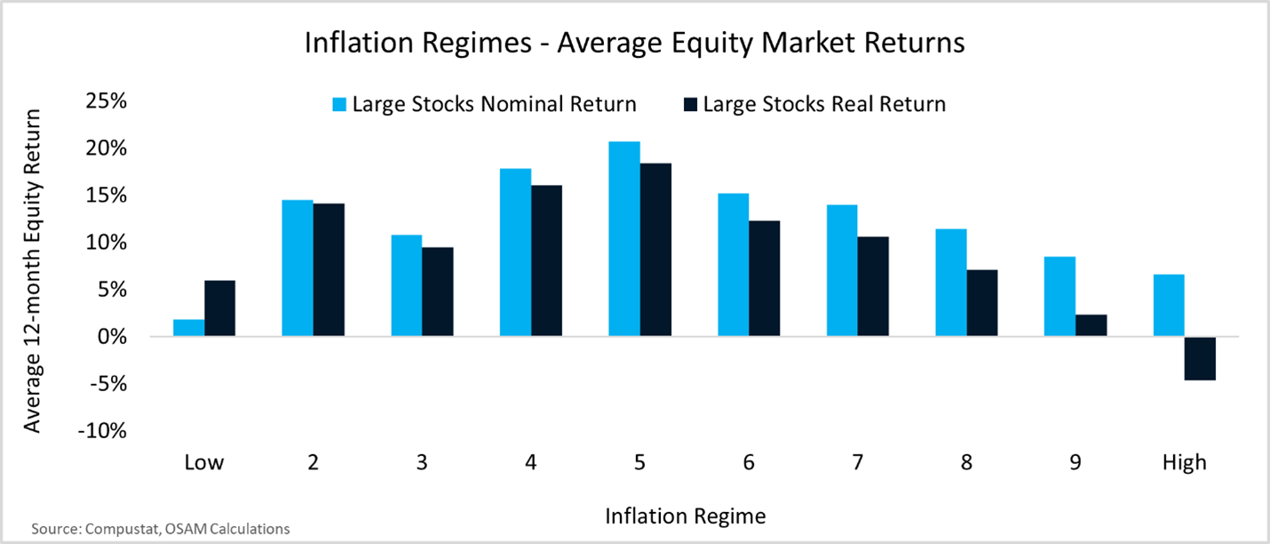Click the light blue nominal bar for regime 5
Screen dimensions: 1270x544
tap(624, 239)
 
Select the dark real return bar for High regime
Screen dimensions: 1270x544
tap(1200, 358)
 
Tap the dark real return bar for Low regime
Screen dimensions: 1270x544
tap(220, 308)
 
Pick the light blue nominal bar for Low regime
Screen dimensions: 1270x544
tap(189, 328)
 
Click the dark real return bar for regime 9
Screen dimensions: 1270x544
tap(1091, 325)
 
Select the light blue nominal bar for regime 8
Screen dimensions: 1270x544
tap(951, 283)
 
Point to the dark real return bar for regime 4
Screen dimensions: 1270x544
tap(546, 261)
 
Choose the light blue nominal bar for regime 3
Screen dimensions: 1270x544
tap(407, 285)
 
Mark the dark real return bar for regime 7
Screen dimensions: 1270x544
tap(873, 286)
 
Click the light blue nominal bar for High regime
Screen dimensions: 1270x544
tap(1169, 305)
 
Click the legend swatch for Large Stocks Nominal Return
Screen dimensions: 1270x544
tap(339, 104)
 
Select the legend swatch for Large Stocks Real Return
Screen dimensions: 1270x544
tap(690, 104)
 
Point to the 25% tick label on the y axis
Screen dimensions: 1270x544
tap(106, 101)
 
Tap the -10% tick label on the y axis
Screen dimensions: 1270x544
tap(102, 431)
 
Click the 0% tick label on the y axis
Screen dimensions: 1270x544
tap(112, 337)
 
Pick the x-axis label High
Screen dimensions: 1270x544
tap(1185, 463)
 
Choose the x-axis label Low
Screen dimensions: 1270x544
tap(204, 463)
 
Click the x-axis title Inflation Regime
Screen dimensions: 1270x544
tap(686, 516)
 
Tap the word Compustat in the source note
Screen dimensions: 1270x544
tap(122, 529)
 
